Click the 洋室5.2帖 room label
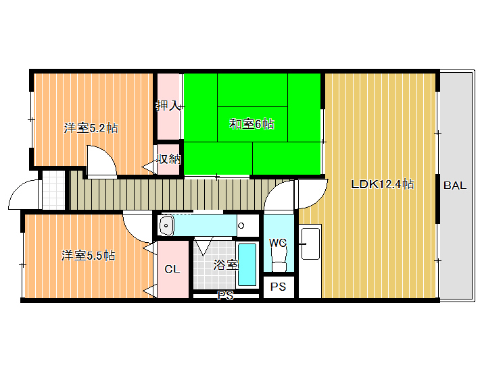click(91, 128)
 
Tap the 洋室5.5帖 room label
click(88, 255)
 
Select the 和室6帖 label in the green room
click(251, 124)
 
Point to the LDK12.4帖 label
click(383, 184)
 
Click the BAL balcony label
click(455, 185)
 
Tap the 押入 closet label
click(168, 106)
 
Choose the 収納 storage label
click(168, 159)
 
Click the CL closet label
click(172, 269)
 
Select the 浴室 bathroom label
click(226, 264)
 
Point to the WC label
click(278, 243)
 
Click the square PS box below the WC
click(279, 287)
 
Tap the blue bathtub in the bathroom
click(247, 264)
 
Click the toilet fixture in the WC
click(279, 258)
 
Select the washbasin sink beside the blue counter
click(166, 226)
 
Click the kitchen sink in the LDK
click(310, 244)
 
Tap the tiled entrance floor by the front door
click(53, 190)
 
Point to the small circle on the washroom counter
click(241, 226)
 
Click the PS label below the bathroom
click(225, 295)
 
